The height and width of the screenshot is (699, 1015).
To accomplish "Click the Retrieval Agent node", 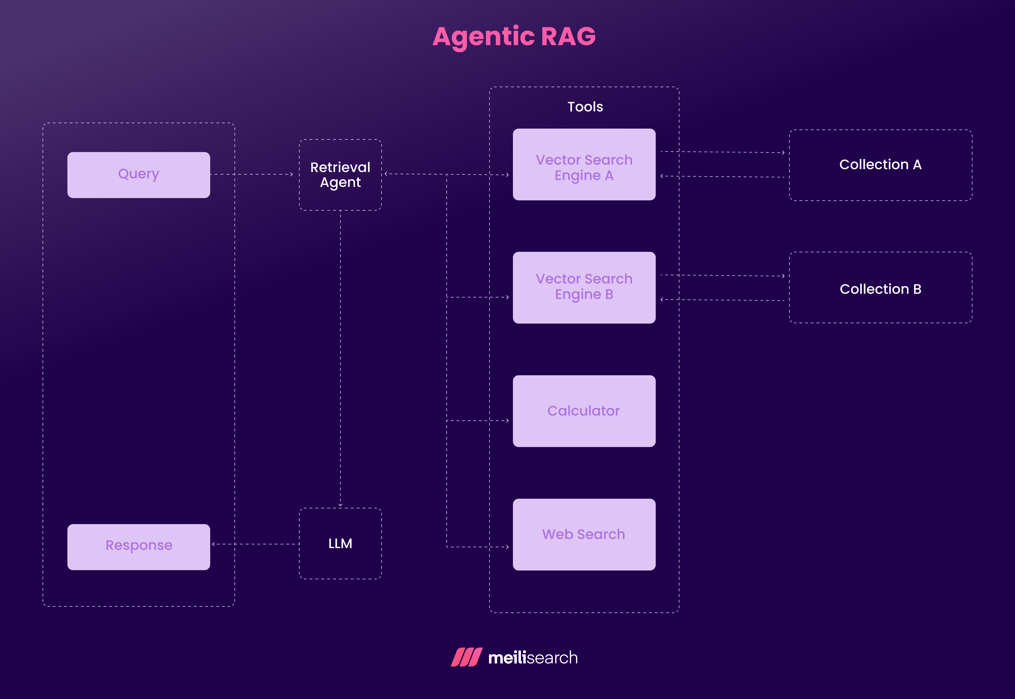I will pyautogui.click(x=340, y=175).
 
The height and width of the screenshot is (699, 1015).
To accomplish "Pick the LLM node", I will pyautogui.click(x=340, y=544).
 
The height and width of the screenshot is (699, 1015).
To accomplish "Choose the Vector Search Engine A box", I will pyautogui.click(x=584, y=165).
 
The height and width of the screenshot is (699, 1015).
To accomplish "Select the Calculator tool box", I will pyautogui.click(x=584, y=411).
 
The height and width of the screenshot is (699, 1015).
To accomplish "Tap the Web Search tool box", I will pyautogui.click(x=584, y=534).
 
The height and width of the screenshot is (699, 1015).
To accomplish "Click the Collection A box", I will pyautogui.click(x=880, y=165).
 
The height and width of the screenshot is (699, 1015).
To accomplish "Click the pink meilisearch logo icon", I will pyautogui.click(x=467, y=657).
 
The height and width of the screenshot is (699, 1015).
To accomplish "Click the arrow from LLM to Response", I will pyautogui.click(x=256, y=544).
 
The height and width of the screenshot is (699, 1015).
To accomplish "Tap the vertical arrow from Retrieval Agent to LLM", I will pyautogui.click(x=340, y=359).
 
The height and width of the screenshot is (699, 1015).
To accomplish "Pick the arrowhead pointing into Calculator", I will pyautogui.click(x=507, y=421).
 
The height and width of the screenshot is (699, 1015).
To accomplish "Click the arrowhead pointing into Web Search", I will pyautogui.click(x=507, y=547).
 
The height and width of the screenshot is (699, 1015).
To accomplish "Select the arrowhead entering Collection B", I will pyautogui.click(x=783, y=276).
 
